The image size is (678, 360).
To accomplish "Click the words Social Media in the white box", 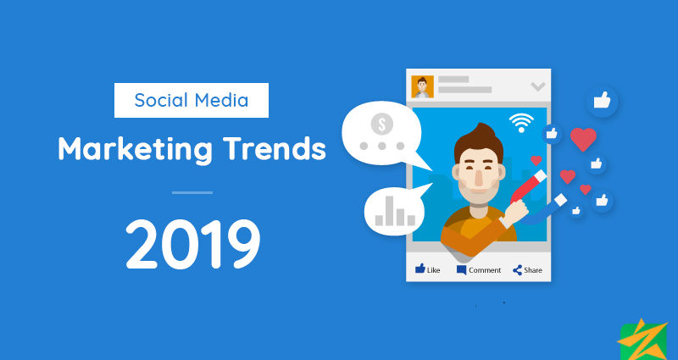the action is (x=192, y=100).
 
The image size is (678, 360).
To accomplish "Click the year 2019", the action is (x=193, y=244).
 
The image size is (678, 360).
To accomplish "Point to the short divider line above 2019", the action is (x=192, y=192).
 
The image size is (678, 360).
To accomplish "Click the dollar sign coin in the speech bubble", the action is (x=382, y=125).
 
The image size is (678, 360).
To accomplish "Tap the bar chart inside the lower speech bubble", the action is (x=395, y=211).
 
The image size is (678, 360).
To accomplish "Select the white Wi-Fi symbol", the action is (x=521, y=123).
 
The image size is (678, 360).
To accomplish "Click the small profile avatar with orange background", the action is (x=422, y=87).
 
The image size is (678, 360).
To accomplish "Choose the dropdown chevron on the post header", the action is (x=538, y=87).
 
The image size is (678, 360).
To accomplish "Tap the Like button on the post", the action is (x=428, y=269).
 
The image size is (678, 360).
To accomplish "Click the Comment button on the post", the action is (x=479, y=270).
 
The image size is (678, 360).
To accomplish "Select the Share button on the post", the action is (x=527, y=270).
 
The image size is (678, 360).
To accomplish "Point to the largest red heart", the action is (x=583, y=139).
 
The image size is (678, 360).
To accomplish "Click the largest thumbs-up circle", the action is (x=602, y=101).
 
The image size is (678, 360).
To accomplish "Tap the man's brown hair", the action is (x=478, y=141).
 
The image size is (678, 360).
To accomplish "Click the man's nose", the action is (x=478, y=176).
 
